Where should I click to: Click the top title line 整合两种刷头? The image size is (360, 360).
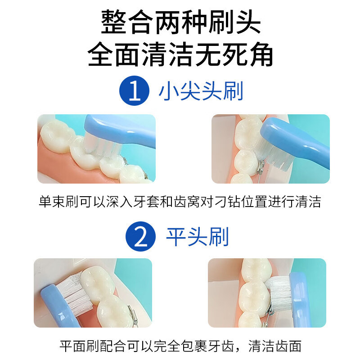click(180, 22)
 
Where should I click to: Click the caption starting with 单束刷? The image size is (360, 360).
click(180, 202)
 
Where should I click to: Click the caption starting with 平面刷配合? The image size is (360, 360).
click(180, 346)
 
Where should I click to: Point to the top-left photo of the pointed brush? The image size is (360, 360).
click(96, 148)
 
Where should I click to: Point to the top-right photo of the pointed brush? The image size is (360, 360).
click(270, 148)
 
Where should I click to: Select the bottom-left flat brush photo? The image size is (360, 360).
click(93, 292)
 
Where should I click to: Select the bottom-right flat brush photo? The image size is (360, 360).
click(267, 292)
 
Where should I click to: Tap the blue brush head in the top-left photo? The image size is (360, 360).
click(108, 126)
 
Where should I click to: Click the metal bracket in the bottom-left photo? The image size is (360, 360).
click(131, 310)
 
